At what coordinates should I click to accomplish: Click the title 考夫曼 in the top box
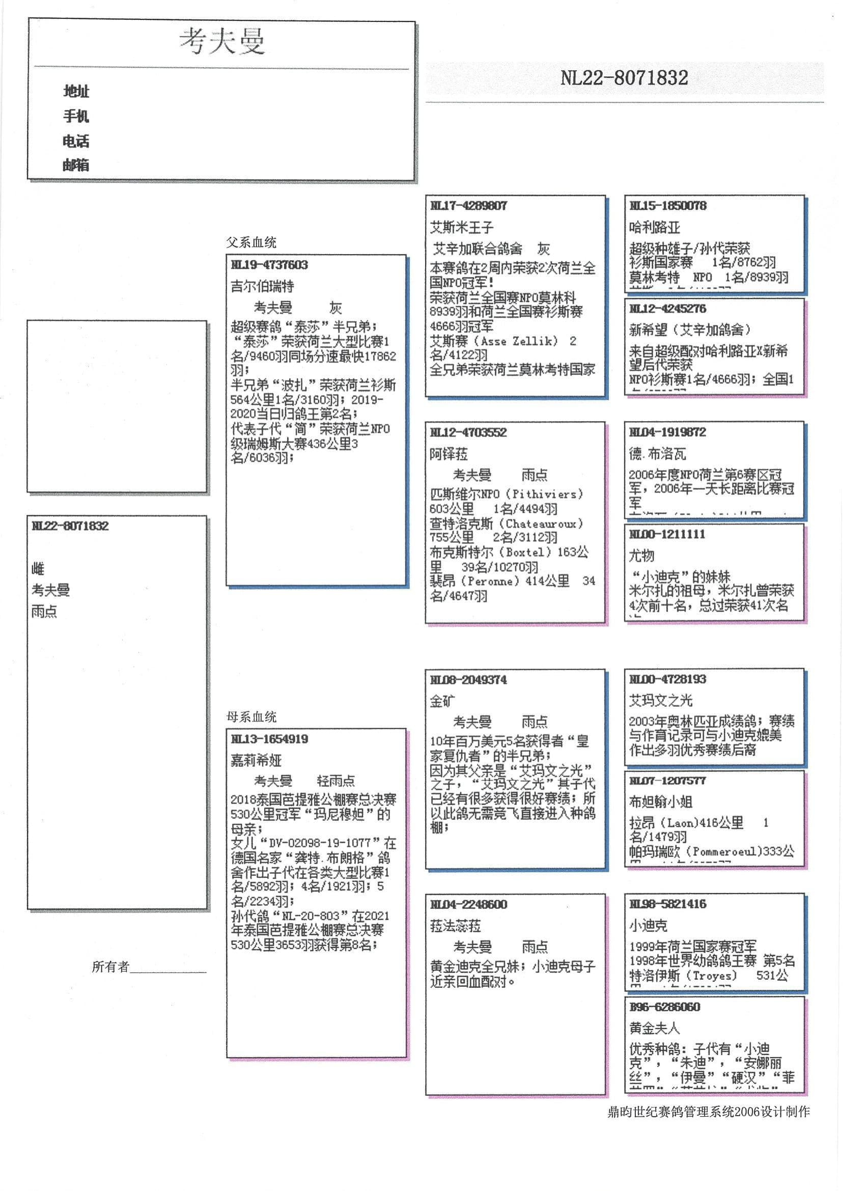(222, 42)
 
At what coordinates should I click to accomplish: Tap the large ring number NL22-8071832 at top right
(624, 78)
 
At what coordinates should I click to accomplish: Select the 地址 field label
(76, 91)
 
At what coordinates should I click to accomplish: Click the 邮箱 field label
(76, 165)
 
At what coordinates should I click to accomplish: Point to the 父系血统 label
(251, 242)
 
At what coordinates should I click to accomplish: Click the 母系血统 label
(251, 717)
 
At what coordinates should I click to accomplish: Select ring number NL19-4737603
(269, 265)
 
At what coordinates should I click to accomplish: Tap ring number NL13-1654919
(269, 739)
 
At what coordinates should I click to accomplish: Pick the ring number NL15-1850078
(667, 206)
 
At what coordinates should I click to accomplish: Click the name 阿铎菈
(448, 454)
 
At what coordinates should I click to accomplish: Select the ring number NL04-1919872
(667, 432)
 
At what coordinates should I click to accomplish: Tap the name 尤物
(641, 556)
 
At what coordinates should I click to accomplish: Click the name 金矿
(442, 702)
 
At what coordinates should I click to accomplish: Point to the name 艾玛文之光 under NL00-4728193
(661, 700)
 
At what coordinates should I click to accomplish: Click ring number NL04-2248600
(468, 904)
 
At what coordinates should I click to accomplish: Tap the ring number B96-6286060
(664, 1007)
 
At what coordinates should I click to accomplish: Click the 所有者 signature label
(110, 967)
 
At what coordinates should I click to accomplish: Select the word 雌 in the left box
(38, 568)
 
